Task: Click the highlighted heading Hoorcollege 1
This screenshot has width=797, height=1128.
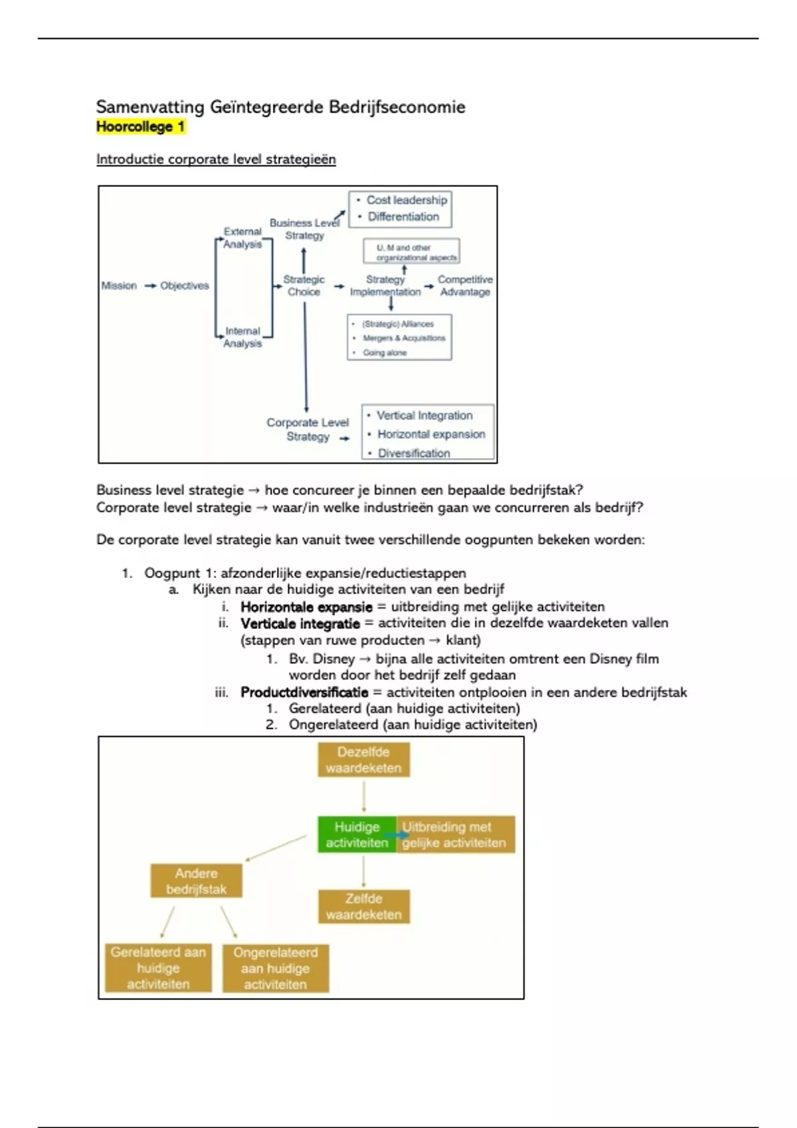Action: (140, 127)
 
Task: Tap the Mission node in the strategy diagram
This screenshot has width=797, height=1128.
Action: (119, 285)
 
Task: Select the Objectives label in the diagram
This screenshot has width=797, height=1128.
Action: (185, 285)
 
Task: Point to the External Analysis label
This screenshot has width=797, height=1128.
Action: (242, 238)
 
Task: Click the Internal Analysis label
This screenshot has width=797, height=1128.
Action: (242, 337)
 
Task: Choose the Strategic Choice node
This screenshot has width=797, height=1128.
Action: (304, 285)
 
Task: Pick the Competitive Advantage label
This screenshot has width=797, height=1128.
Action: (465, 285)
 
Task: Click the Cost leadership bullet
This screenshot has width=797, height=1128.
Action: (406, 200)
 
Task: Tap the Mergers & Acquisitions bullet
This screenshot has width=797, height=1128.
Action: (404, 338)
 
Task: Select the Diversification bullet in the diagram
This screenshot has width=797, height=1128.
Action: (414, 453)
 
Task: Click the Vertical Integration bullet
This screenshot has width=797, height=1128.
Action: (424, 415)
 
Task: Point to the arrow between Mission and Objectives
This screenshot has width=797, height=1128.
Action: (150, 286)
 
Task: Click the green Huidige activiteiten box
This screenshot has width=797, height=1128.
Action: (357, 835)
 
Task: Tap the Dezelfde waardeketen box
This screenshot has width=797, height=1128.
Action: (363, 760)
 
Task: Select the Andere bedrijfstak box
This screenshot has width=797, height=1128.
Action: (196, 881)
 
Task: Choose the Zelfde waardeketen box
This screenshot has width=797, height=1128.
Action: (363, 906)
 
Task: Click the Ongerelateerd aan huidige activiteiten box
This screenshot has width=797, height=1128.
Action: (275, 968)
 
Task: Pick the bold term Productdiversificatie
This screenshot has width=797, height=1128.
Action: (304, 692)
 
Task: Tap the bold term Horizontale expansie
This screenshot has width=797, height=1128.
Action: (306, 606)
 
